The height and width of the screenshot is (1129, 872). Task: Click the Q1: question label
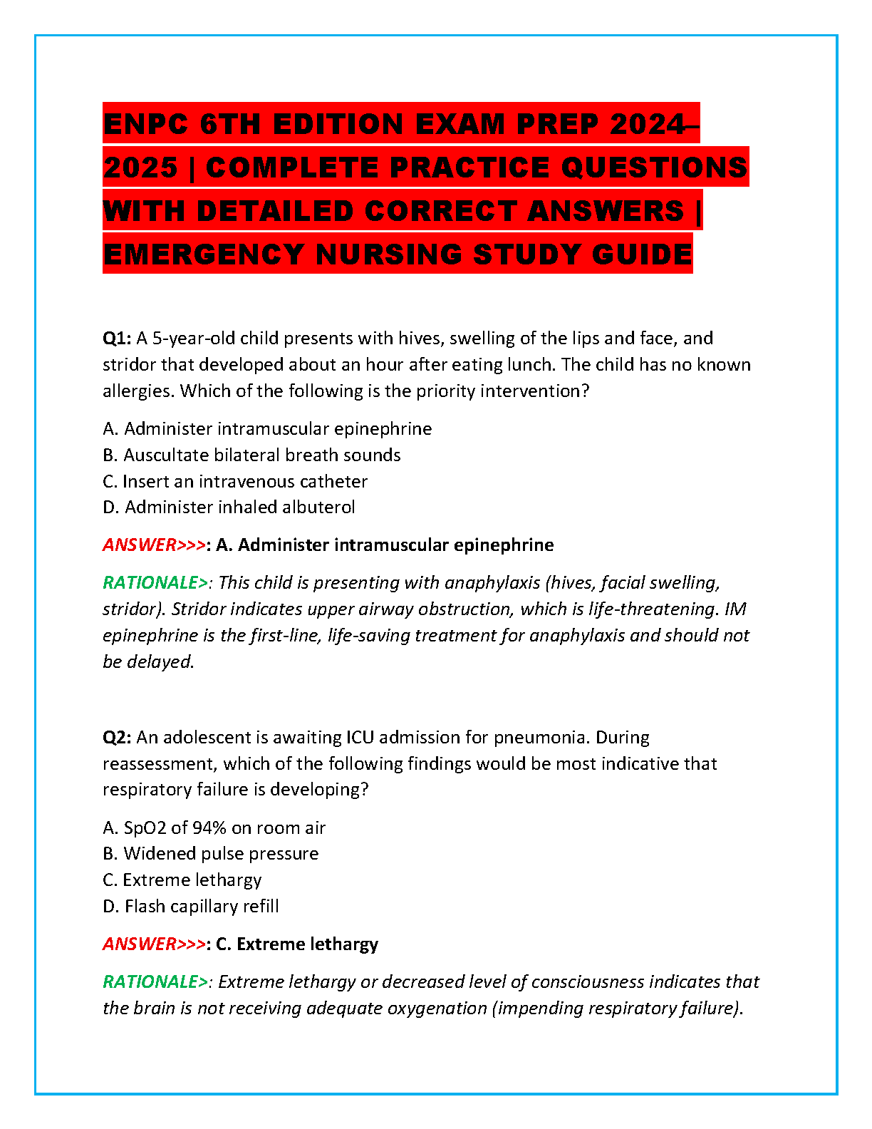(117, 339)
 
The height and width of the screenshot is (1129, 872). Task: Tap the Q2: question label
(117, 738)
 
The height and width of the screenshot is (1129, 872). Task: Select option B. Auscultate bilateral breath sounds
(251, 455)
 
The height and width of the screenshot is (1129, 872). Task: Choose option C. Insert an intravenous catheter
(235, 482)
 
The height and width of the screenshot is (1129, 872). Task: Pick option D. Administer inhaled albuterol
(229, 507)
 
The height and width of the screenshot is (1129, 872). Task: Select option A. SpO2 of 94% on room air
(214, 828)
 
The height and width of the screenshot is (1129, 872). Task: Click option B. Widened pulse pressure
(210, 854)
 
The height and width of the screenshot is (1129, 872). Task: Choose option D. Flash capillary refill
(190, 907)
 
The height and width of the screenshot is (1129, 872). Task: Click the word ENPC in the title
(146, 124)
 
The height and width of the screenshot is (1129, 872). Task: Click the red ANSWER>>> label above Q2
(154, 545)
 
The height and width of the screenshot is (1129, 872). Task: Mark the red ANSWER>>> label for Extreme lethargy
(154, 944)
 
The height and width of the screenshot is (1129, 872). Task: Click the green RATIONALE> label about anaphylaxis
(155, 583)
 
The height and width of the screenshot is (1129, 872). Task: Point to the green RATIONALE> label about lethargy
(155, 982)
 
